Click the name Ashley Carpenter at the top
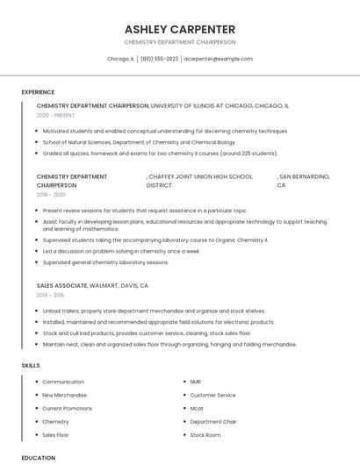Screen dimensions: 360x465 click(x=180, y=28)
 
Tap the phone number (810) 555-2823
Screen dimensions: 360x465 click(x=159, y=59)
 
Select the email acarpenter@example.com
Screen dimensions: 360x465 click(x=219, y=59)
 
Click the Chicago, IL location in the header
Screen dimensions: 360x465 click(x=120, y=59)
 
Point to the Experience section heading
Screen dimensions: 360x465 click(x=38, y=92)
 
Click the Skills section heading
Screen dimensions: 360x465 click(x=31, y=365)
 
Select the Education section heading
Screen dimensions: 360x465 click(x=39, y=457)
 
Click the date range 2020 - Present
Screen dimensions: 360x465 click(x=55, y=115)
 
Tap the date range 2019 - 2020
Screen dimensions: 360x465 click(x=51, y=195)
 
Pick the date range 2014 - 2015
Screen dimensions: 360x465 click(x=50, y=295)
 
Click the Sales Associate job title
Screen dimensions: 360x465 click(x=61, y=286)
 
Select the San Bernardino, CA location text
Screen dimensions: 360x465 click(x=303, y=181)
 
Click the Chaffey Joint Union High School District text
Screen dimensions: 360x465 click(x=200, y=181)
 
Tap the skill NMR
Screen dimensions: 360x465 click(x=195, y=382)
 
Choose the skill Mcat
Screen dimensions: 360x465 click(x=196, y=408)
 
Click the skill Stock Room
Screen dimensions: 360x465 click(x=205, y=434)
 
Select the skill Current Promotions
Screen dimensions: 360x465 click(x=67, y=408)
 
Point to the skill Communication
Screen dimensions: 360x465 click(x=63, y=382)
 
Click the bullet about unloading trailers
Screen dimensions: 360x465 click(x=154, y=311)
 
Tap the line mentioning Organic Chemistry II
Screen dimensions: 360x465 click(x=155, y=240)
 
